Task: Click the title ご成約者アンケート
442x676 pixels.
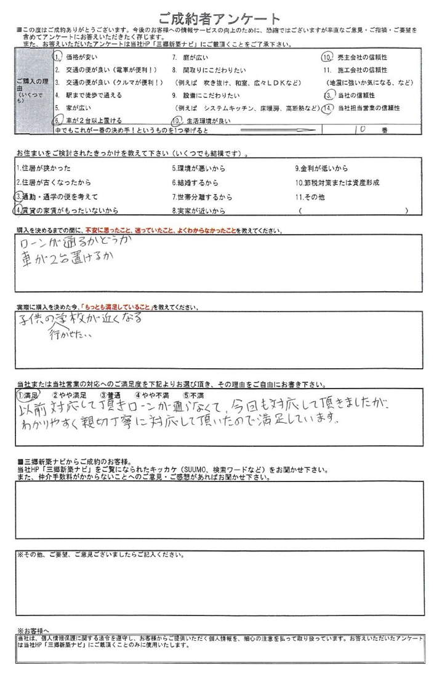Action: tap(219, 18)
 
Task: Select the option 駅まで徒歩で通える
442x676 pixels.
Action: tap(89, 95)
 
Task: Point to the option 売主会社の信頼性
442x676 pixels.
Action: tap(366, 57)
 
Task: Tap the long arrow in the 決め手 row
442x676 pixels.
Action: tap(281, 131)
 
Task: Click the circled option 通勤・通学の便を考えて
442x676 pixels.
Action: tap(58, 196)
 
